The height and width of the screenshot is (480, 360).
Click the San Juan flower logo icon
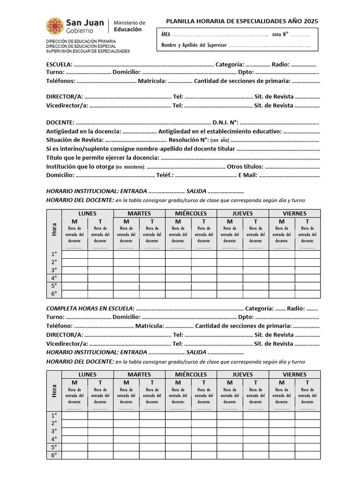pos(55,26)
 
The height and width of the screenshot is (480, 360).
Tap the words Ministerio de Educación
pos(129,26)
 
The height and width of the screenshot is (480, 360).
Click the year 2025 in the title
pos(310,21)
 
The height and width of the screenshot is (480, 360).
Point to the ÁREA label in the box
pos(165,35)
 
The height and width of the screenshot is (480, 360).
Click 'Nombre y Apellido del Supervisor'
pos(194,45)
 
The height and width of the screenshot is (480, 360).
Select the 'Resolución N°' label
pos(188,140)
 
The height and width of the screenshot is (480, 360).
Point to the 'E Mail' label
pos(248,175)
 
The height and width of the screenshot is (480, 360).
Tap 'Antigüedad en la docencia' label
pos(83,131)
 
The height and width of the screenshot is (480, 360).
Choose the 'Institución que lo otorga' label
pos(80,166)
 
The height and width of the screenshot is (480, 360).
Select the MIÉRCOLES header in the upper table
pos(191,213)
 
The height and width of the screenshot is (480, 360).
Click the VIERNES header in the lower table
pos(294,375)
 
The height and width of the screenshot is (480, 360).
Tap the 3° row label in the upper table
pos(54,270)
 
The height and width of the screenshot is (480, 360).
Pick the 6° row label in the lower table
pos(54,455)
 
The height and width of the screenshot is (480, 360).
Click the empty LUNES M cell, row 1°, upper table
pos(75,255)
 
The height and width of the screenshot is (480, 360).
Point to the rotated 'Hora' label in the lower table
pos(54,390)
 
